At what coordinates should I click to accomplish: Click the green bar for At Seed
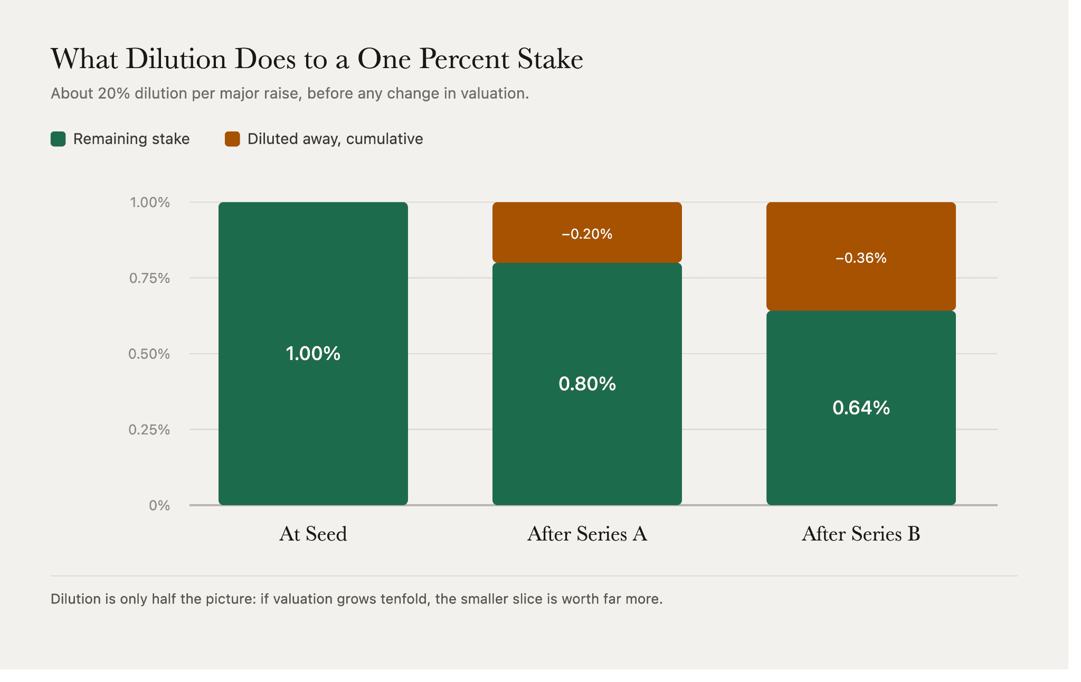click(313, 353)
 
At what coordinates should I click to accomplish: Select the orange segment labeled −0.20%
click(587, 232)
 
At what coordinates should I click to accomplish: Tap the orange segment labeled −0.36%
click(861, 257)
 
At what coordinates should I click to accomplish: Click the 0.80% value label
click(587, 384)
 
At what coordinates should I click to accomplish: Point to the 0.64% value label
click(861, 408)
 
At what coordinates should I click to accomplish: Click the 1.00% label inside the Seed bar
click(313, 353)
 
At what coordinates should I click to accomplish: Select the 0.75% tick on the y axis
click(149, 278)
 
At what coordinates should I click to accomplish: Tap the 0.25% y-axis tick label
click(149, 430)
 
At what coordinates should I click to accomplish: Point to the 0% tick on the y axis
click(159, 506)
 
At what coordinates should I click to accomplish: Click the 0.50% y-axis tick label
click(149, 354)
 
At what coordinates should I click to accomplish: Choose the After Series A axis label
click(587, 534)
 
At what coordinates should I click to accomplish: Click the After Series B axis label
click(861, 534)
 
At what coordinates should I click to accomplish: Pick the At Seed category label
click(313, 534)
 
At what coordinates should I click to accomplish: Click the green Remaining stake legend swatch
click(58, 139)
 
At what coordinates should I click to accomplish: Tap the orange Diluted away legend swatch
click(232, 139)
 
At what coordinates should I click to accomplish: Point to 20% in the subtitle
click(113, 93)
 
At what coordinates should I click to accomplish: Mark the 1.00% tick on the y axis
click(150, 202)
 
